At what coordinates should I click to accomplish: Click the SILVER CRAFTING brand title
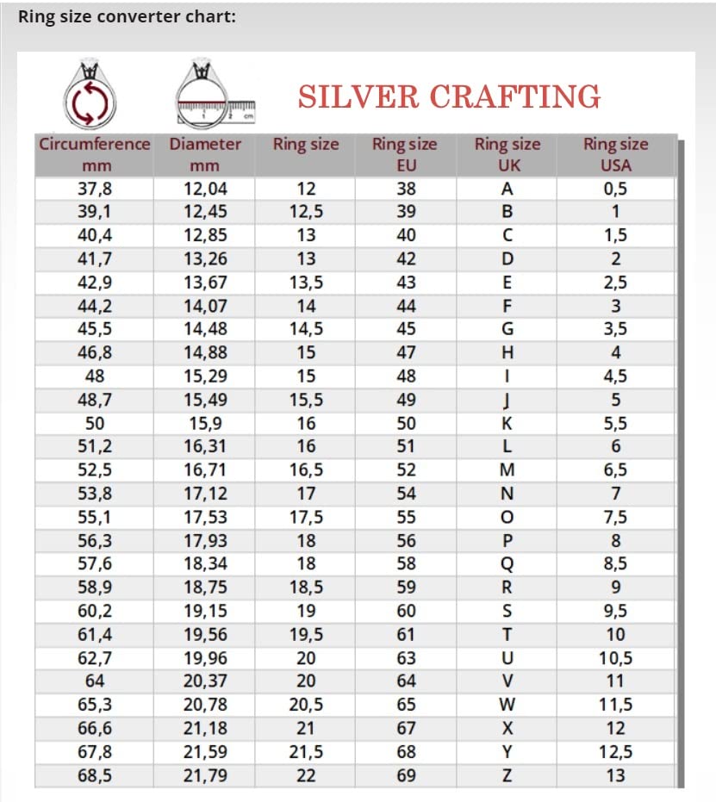tap(449, 96)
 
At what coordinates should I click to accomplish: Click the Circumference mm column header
tap(94, 154)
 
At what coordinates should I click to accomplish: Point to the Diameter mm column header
tap(205, 154)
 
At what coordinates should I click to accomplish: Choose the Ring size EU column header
tap(405, 154)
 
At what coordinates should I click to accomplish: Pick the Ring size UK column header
tap(508, 154)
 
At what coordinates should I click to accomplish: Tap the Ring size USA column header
tap(615, 154)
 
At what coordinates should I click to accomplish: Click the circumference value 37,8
tap(94, 189)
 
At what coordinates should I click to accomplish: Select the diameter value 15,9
tap(205, 423)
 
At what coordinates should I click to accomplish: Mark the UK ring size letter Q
tap(507, 564)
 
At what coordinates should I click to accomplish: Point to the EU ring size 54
tap(406, 494)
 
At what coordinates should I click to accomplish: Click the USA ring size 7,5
tap(615, 517)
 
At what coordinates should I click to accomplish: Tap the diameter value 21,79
tap(205, 775)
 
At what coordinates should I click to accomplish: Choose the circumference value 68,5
tap(94, 775)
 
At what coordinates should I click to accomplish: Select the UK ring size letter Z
tap(507, 775)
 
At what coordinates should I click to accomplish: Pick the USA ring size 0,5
tap(615, 189)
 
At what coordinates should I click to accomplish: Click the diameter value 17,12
tap(205, 494)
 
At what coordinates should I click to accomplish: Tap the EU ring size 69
tap(406, 775)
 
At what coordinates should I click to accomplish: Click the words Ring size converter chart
tap(127, 16)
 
